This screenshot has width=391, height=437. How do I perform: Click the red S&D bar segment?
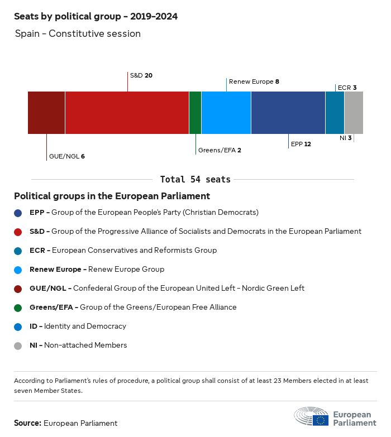(x=127, y=113)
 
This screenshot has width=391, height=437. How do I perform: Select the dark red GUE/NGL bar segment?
(x=46, y=113)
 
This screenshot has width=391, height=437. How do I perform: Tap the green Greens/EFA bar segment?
(x=195, y=113)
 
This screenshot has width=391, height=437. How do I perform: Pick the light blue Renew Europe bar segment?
(x=226, y=113)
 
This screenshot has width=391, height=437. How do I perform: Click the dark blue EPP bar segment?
(x=288, y=113)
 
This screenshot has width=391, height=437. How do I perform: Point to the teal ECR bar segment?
(x=335, y=113)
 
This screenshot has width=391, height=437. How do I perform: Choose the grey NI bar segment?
(x=354, y=113)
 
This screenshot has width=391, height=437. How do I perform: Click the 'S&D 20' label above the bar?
(x=141, y=75)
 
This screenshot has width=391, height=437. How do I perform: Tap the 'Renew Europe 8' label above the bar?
(x=254, y=81)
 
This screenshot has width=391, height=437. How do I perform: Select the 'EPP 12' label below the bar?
(x=301, y=144)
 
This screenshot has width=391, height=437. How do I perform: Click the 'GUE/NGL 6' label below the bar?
(x=67, y=156)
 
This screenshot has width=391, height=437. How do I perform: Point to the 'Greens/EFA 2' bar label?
(x=220, y=150)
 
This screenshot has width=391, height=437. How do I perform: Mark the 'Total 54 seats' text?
(x=195, y=179)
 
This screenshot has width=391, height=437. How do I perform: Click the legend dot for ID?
(x=18, y=326)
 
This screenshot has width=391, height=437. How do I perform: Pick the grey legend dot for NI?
(x=18, y=345)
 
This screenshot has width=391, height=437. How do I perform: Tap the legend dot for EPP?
(x=18, y=213)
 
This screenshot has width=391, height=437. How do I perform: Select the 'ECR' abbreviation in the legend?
(x=37, y=251)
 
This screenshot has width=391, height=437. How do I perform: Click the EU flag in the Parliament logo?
(x=321, y=420)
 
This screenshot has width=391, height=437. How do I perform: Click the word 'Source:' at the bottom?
(x=27, y=423)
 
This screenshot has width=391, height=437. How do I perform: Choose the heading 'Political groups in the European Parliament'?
(x=112, y=196)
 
